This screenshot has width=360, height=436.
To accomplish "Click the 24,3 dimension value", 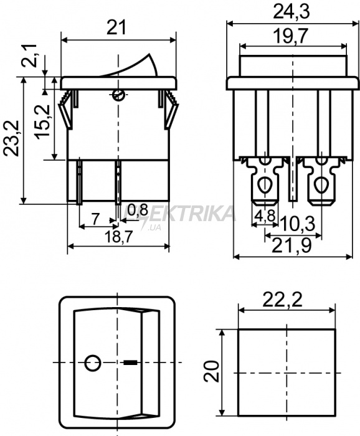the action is (291, 12).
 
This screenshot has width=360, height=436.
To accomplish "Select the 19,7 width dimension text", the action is (290, 36).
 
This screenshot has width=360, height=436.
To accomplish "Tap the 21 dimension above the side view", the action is (116, 27).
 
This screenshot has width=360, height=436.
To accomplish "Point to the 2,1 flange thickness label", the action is (30, 55).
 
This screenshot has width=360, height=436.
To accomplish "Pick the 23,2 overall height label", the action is (11, 138).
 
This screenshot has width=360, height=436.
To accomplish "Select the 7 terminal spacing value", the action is (95, 219).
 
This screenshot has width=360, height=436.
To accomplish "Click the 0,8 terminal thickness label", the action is (138, 211).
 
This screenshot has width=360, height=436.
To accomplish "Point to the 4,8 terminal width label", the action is (265, 216).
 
